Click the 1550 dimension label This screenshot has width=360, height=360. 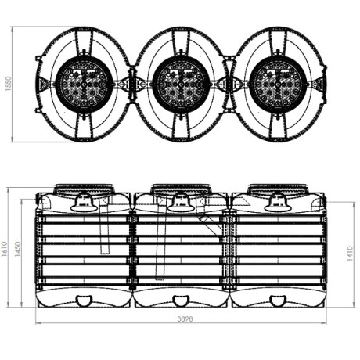pyautogui.click(x=9, y=84)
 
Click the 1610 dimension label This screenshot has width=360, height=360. pyautogui.click(x=5, y=249)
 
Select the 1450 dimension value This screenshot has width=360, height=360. pyautogui.click(x=17, y=249)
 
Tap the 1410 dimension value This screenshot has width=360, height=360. pyautogui.click(x=350, y=254)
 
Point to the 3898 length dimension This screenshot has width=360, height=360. pyautogui.click(x=185, y=319)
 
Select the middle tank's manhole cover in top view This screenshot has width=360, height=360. pyautogui.click(x=181, y=85)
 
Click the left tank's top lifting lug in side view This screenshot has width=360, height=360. pyautogui.click(x=84, y=202)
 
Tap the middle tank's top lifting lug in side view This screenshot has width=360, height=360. pyautogui.click(x=181, y=202)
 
